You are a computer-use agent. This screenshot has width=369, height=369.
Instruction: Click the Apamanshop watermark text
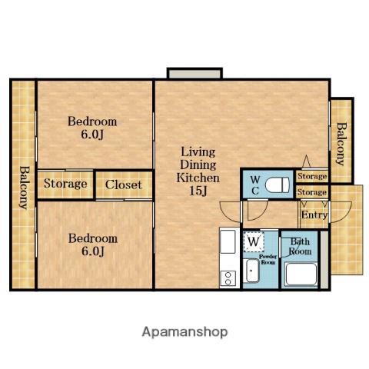(184, 332)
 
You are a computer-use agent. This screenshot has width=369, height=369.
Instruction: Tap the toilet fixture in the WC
(278, 185)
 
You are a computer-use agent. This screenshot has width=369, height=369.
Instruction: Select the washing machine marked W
(254, 241)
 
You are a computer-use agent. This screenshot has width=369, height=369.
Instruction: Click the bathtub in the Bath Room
(301, 274)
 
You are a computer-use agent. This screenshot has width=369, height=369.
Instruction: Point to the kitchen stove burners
(228, 278)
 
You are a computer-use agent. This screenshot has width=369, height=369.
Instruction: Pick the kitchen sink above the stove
(228, 241)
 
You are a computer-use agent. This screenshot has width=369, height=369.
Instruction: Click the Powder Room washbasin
(251, 271)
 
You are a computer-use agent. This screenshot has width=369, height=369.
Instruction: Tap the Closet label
(124, 184)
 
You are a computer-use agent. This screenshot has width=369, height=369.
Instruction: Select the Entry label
(314, 214)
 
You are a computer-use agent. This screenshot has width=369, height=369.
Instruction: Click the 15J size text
(198, 191)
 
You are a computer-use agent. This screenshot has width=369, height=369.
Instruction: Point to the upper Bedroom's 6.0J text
(92, 135)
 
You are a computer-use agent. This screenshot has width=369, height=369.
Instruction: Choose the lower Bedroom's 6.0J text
(93, 251)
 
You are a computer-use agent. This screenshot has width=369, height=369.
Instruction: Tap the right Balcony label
(341, 145)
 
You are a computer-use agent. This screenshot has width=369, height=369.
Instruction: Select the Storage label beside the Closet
(65, 184)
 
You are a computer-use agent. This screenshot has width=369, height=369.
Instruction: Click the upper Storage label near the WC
(312, 176)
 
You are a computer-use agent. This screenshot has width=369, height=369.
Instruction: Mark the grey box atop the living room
(194, 73)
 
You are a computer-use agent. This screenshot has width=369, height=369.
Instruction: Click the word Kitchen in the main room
(198, 178)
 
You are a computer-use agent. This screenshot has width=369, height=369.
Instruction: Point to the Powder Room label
(268, 259)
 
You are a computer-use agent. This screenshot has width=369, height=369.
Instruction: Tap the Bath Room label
(300, 246)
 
